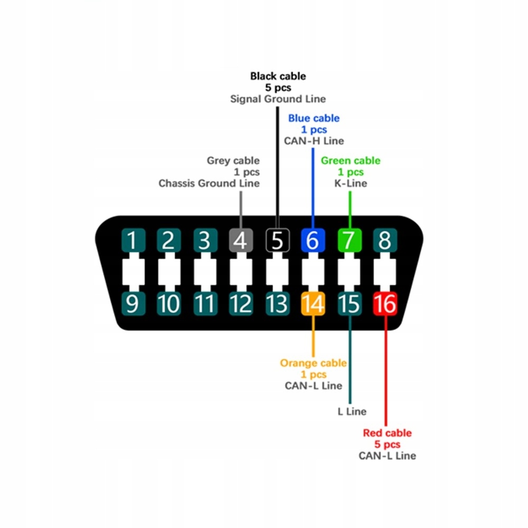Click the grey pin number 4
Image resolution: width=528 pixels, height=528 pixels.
(241, 240)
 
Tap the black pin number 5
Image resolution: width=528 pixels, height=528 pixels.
(277, 240)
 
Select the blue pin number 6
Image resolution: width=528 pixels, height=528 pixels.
(313, 240)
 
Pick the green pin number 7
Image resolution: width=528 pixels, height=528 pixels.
(349, 240)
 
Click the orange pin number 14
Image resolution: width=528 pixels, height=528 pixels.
(313, 304)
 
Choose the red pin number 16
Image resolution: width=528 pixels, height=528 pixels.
(385, 304)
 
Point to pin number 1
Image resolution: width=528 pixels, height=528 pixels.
(133, 240)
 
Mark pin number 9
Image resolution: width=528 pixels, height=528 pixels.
(133, 304)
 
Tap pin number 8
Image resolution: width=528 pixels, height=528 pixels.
(385, 240)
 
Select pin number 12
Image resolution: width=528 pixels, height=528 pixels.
(241, 304)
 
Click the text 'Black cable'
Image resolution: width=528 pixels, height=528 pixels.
(278, 76)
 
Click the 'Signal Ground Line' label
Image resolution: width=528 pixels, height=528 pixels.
(278, 99)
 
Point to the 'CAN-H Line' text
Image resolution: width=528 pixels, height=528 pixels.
(314, 141)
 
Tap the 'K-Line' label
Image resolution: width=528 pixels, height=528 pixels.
(351, 183)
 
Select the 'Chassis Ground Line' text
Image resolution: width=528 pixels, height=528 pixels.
(209, 183)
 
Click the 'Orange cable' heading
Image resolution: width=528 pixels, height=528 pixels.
(313, 363)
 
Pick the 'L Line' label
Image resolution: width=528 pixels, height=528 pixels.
(352, 411)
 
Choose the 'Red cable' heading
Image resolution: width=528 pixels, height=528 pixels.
(387, 433)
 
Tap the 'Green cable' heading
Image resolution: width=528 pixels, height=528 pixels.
(351, 161)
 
